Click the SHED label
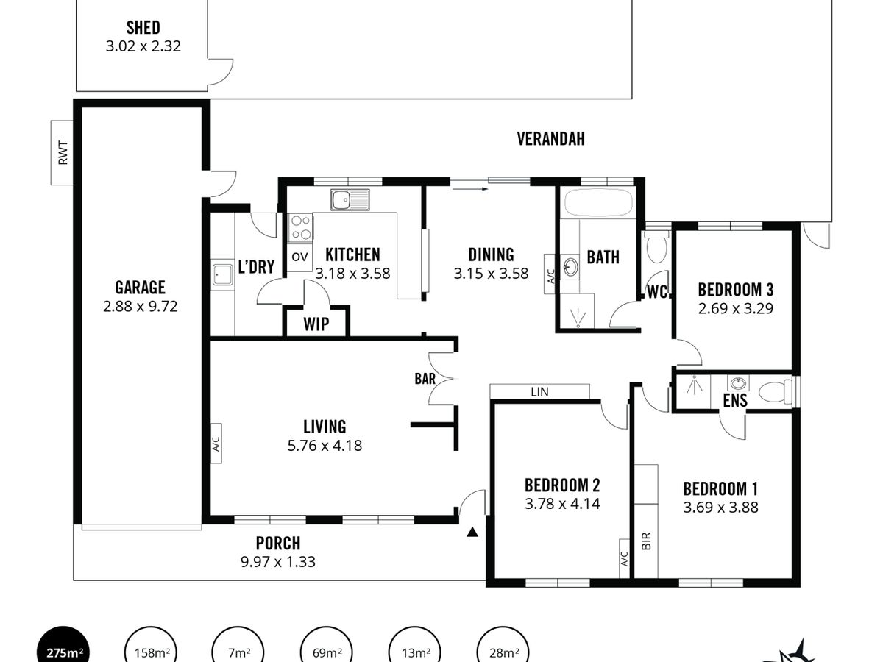[x=143, y=28]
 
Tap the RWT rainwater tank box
[x=62, y=153]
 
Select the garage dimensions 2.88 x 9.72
[x=140, y=307]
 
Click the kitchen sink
[x=350, y=199]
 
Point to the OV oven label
[x=299, y=257]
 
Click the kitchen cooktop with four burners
[x=300, y=227]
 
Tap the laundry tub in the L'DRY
[x=222, y=274]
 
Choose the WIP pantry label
[x=316, y=324]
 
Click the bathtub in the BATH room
[x=598, y=204]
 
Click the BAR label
[x=425, y=379]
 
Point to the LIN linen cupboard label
[x=539, y=392]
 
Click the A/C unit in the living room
[x=216, y=444]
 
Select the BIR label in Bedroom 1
[x=646, y=541]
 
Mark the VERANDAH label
[x=550, y=139]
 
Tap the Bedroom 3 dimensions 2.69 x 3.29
[x=735, y=308]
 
